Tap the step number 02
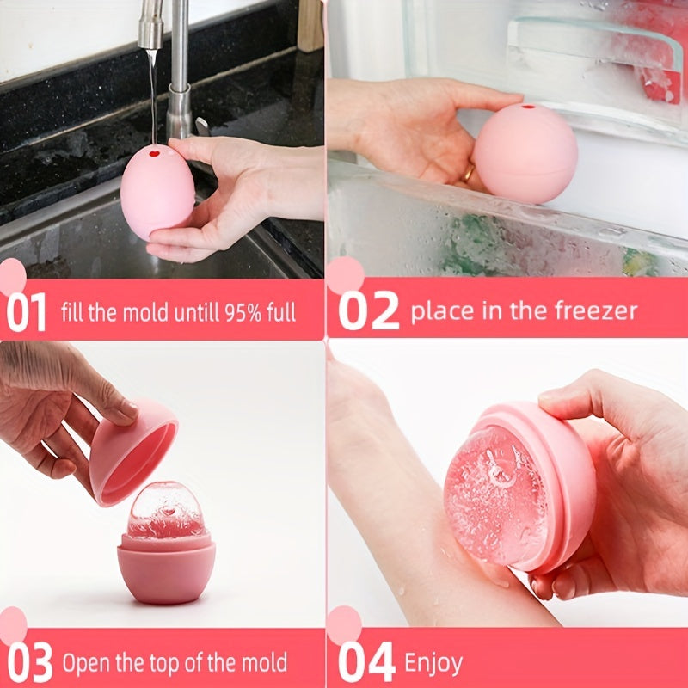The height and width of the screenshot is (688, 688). (368, 311)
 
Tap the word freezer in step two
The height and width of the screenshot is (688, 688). (595, 310)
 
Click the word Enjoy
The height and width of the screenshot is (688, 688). (433, 663)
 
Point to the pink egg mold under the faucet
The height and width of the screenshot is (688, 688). (157, 191)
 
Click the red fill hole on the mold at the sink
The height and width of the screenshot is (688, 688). (156, 153)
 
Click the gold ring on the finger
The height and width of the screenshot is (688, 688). (469, 175)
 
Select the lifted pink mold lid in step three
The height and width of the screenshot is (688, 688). (133, 451)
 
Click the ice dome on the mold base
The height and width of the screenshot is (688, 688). (165, 512)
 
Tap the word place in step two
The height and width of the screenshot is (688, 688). (439, 310)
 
